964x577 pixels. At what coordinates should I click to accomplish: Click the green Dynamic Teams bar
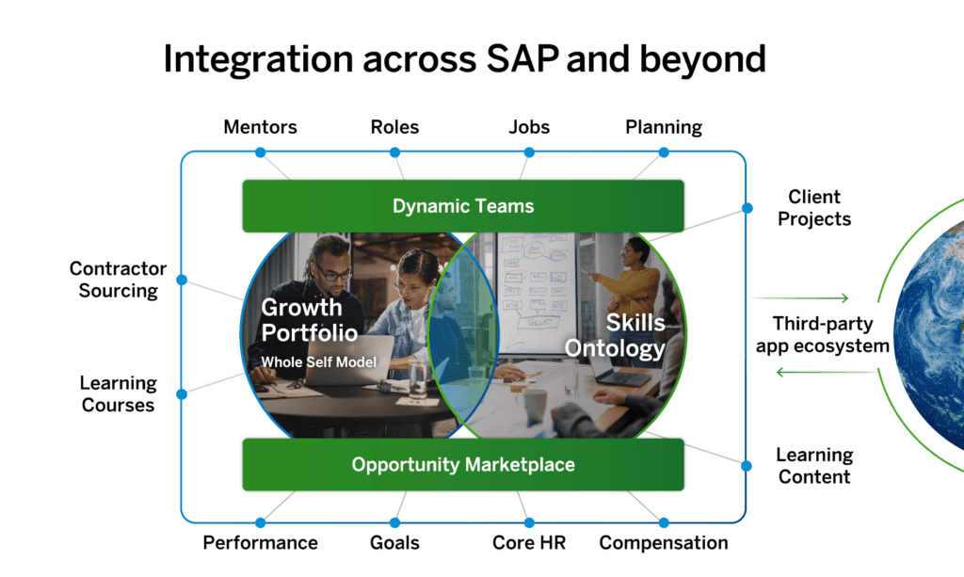tap(462, 206)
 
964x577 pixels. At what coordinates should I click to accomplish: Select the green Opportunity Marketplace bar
tap(462, 464)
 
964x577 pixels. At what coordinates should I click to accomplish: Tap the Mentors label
tap(260, 126)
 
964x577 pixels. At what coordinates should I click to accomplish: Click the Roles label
tap(394, 126)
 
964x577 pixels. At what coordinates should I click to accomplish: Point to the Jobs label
tap(529, 126)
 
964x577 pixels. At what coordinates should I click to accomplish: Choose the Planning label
tap(664, 126)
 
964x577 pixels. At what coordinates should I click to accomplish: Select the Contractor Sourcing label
tap(118, 280)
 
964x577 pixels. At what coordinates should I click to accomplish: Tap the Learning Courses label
tap(118, 394)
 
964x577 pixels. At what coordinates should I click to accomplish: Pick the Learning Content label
tap(814, 466)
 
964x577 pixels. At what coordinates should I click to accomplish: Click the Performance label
tap(260, 543)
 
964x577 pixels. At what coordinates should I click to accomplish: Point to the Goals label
tap(394, 543)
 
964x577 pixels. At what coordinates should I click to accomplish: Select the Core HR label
tap(528, 543)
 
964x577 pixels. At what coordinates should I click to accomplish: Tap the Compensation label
tap(664, 543)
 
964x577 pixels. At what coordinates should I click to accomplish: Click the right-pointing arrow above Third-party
tap(800, 297)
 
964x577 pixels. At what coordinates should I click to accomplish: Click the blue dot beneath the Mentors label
tap(261, 152)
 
